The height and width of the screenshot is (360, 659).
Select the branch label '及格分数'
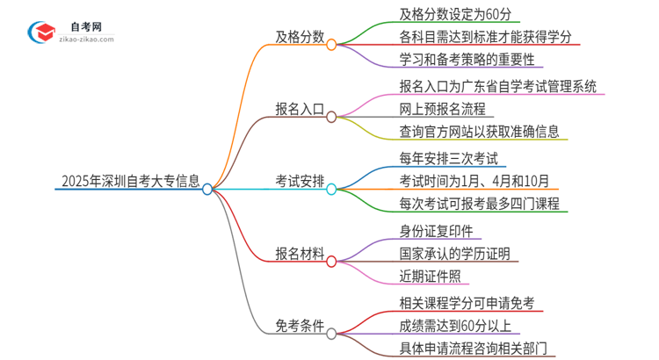(x=300, y=42)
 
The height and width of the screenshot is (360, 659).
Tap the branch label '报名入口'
(x=300, y=115)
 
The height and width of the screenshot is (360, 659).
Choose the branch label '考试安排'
(x=300, y=189)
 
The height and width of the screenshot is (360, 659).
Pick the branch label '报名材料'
(x=300, y=261)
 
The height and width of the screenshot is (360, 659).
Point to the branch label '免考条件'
(x=300, y=334)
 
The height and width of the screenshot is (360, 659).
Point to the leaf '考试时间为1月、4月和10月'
(x=461, y=183)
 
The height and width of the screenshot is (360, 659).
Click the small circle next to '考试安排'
(x=331, y=189)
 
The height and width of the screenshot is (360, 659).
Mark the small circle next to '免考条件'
(x=331, y=334)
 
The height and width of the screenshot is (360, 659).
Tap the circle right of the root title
(x=207, y=189)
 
